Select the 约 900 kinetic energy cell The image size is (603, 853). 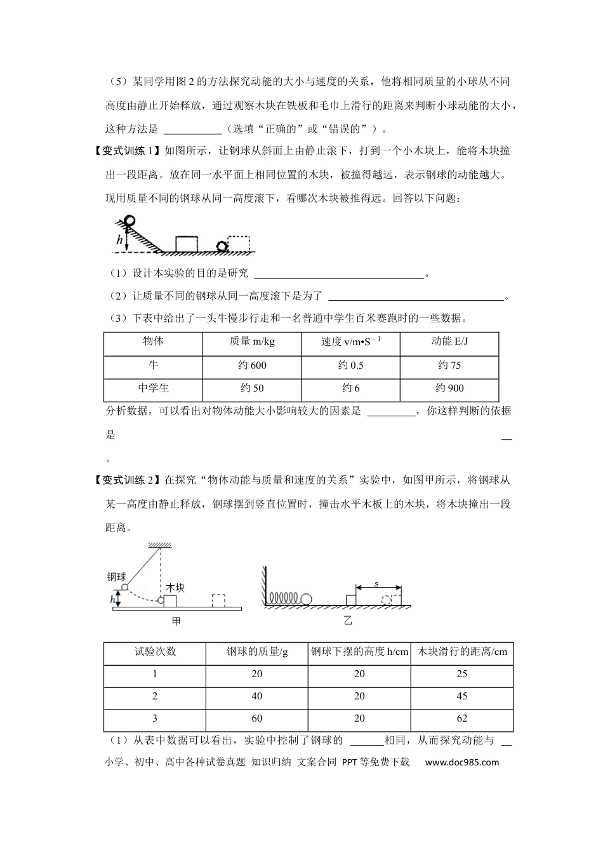point(449,388)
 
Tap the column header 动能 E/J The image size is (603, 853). point(449,342)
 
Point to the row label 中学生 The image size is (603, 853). point(153,388)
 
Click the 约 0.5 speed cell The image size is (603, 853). point(351,366)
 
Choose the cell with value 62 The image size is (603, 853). point(461,719)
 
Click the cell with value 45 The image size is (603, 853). point(461,696)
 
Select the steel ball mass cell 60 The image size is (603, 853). point(256,719)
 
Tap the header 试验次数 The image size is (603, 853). point(155,652)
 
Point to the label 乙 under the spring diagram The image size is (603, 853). point(348,621)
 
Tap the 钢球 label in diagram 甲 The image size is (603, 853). point(116,577)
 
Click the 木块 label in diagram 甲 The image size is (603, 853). point(175,588)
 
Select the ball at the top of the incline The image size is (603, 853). point(129,221)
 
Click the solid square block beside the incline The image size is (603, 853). point(186,244)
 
